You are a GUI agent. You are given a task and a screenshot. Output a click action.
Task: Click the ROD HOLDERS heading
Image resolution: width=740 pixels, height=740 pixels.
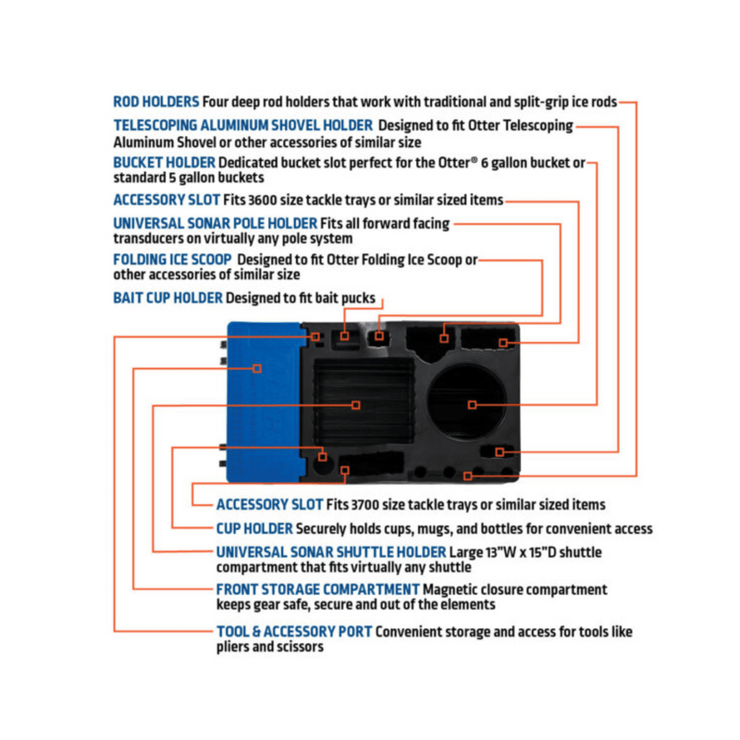tap(156, 102)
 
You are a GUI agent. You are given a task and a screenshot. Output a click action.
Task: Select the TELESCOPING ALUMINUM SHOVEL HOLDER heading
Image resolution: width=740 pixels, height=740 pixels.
tap(243, 126)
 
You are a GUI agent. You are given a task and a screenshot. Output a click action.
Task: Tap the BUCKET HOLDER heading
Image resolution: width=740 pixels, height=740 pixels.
tap(165, 163)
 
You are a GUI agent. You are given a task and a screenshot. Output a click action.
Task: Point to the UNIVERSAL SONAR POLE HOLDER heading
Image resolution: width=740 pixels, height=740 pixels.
tap(216, 223)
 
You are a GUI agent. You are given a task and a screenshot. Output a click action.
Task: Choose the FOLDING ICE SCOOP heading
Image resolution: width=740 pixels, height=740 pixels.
tap(172, 260)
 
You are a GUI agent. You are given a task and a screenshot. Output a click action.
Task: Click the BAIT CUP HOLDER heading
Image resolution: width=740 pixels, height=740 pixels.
tap(167, 298)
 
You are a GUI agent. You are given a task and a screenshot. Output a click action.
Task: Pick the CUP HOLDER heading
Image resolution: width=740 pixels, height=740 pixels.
tap(254, 529)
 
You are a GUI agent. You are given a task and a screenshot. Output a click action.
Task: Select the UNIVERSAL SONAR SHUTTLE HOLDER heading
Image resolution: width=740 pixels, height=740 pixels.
tap(331, 552)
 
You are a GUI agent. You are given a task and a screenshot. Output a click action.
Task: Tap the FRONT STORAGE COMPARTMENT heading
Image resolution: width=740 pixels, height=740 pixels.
tap(317, 589)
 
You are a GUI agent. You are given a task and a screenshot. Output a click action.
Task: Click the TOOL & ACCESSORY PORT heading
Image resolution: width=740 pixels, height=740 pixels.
tap(294, 632)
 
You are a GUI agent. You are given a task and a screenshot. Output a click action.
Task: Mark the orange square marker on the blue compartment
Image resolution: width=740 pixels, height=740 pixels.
tap(257, 368)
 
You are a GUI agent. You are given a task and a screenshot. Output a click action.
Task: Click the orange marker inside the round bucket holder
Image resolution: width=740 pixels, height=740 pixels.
tap(472, 404)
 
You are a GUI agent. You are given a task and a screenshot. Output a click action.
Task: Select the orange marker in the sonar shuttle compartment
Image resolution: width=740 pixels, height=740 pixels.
tap(356, 405)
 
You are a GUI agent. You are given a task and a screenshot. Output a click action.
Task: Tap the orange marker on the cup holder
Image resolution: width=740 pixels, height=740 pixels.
tap(322, 457)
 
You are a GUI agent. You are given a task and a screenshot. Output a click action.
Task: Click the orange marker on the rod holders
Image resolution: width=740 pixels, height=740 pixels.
tap(468, 476)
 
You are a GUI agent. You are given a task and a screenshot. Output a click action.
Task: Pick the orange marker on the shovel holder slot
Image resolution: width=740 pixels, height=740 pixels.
tap(499, 452)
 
